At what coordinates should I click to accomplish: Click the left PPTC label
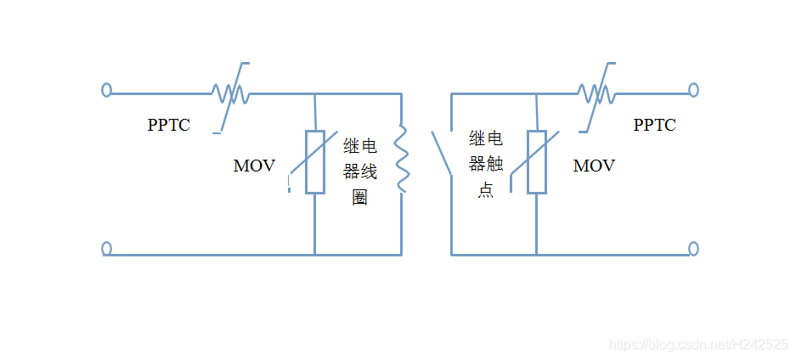click(x=168, y=125)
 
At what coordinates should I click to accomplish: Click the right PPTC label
click(x=654, y=125)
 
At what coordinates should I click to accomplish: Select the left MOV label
click(x=254, y=166)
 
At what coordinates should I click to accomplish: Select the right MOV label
click(x=594, y=166)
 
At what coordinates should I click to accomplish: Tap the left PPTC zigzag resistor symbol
click(x=229, y=93)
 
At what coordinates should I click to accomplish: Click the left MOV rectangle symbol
click(x=315, y=162)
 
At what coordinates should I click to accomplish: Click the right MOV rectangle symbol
click(x=536, y=162)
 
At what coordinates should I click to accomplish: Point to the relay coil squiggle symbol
click(x=403, y=159)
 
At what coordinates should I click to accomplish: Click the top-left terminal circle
click(x=106, y=90)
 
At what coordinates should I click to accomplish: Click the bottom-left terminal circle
click(x=106, y=249)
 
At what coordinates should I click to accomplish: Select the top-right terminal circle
click(x=693, y=90)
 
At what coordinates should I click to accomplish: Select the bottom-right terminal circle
click(x=693, y=249)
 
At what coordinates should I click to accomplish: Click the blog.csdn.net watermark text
click(x=699, y=344)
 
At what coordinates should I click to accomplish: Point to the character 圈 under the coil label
click(x=360, y=199)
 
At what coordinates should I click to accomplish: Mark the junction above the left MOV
click(x=315, y=93)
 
